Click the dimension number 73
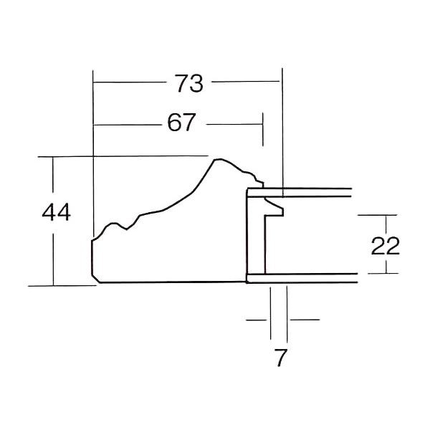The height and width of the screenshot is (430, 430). click(189, 83)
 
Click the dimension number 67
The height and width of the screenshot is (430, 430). click(181, 123)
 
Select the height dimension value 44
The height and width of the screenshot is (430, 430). click(56, 212)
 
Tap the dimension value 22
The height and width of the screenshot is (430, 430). click(385, 246)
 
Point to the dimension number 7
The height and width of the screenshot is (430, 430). click(280, 358)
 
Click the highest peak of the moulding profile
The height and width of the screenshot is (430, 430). click(218, 159)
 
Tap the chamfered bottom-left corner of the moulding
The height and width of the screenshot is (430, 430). click(95, 278)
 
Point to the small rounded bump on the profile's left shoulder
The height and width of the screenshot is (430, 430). click(113, 224)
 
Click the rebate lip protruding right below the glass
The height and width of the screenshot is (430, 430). click(274, 208)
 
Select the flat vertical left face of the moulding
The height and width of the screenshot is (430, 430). click(92, 257)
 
